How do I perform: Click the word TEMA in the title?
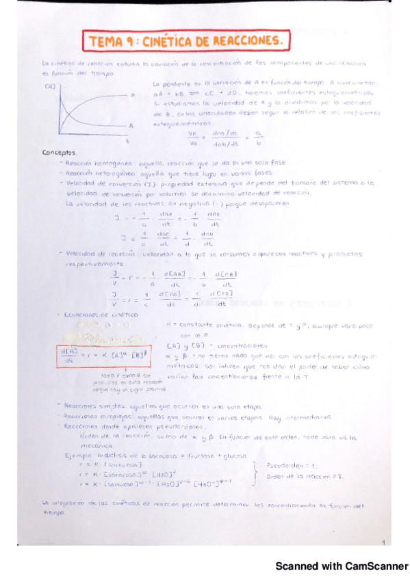[x=105, y=42]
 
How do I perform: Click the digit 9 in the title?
[x=129, y=42]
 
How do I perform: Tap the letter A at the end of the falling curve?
[x=131, y=127]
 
